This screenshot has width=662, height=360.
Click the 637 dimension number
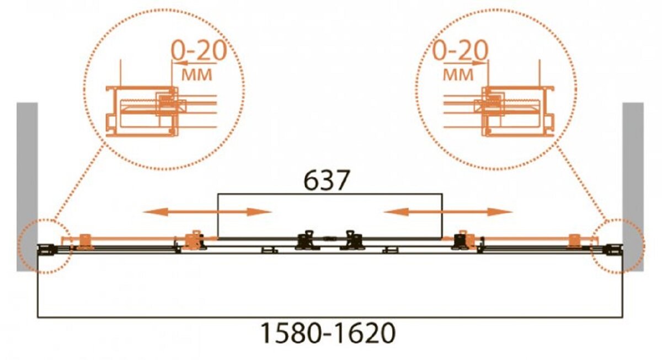[327, 180]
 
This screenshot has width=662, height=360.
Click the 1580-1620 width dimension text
[328, 333]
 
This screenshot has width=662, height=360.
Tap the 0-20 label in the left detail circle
[199, 51]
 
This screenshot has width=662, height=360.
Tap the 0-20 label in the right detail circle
[460, 51]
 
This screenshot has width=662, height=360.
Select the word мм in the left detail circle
[197, 75]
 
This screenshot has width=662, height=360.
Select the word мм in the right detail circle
[458, 75]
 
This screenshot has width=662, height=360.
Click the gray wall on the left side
[27, 187]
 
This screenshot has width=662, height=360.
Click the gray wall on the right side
[633, 187]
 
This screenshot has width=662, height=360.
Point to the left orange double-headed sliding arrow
[207, 212]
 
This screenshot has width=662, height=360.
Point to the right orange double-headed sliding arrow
[448, 212]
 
